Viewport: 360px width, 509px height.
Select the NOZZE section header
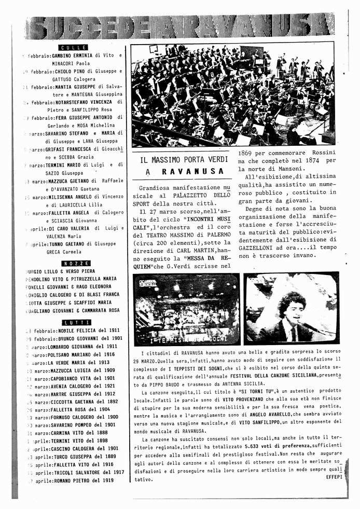tap(76, 264)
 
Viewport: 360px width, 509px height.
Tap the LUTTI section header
tap(76, 323)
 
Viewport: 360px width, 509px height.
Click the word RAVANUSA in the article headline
tap(192, 171)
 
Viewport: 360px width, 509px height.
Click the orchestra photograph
tap(233, 94)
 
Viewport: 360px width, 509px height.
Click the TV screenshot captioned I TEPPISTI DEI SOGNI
tap(187, 309)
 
